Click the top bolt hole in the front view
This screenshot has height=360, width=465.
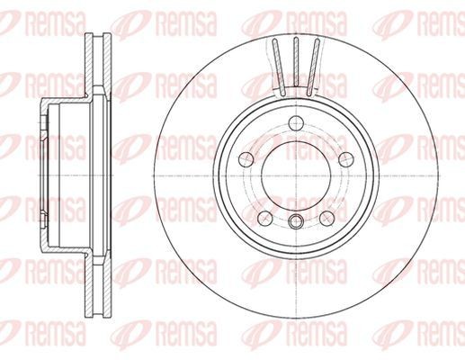point(296,122)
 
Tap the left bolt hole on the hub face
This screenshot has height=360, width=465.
point(246,159)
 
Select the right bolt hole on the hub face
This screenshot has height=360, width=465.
point(346,159)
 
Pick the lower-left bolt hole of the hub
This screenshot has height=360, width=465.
point(265,218)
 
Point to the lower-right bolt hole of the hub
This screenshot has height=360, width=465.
point(326,218)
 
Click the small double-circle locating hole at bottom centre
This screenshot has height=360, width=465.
point(296,221)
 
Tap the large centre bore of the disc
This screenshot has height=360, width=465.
point(296,175)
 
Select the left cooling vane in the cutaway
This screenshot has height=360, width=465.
point(279,67)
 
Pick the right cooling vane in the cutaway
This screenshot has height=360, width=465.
point(313,67)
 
